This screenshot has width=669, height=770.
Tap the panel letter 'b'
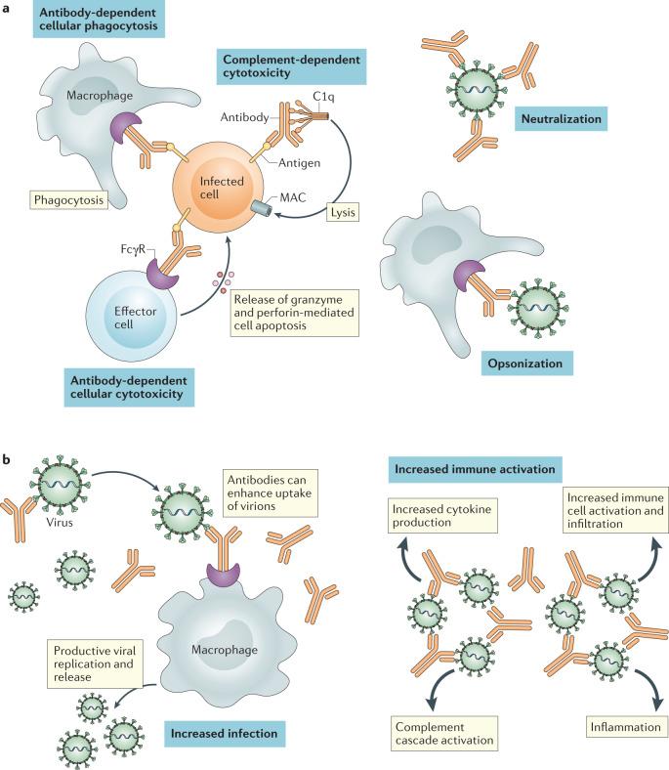click(9, 455)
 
